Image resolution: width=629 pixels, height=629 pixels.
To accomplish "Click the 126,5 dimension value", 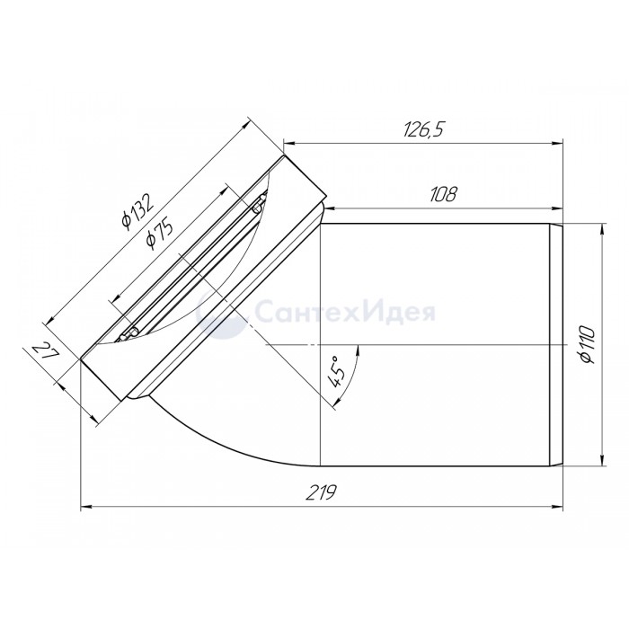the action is click(x=424, y=129).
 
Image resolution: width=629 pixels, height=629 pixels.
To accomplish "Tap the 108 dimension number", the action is click(x=443, y=195).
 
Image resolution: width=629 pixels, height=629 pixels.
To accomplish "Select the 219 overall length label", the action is click(x=321, y=492).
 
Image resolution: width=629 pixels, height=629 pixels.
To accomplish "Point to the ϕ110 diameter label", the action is click(x=588, y=345).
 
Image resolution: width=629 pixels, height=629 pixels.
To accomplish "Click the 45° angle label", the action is click(x=335, y=372).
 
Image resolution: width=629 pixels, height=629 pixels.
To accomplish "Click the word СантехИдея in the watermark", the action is click(x=345, y=312).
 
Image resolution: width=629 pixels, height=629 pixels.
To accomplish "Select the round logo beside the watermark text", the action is click(x=221, y=312).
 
